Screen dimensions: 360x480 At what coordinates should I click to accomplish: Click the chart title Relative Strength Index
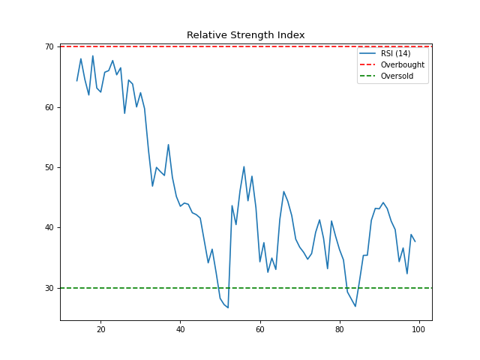click(x=245, y=35)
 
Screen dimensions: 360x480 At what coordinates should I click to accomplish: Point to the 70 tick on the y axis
click(x=49, y=46)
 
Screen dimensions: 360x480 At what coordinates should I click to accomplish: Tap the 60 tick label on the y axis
click(x=49, y=107)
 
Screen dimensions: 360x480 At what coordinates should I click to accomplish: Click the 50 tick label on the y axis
click(x=49, y=167)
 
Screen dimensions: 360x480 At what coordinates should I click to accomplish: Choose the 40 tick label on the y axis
click(x=49, y=228)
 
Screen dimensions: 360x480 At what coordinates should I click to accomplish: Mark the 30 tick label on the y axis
click(x=49, y=288)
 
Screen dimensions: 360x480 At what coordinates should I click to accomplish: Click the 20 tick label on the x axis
click(x=101, y=329)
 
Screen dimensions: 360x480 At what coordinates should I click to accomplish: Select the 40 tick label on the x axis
click(x=181, y=329)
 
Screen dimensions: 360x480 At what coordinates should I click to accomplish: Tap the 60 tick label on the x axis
click(x=260, y=329)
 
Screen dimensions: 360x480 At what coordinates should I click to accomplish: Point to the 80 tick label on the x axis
click(x=340, y=329)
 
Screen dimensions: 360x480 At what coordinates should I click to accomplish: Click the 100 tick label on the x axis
click(x=418, y=329)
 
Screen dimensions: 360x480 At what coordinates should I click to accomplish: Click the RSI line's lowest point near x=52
click(x=228, y=307)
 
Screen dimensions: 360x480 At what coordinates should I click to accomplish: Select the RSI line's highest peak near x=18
click(x=93, y=55)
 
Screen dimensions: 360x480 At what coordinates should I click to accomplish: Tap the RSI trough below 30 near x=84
click(x=355, y=306)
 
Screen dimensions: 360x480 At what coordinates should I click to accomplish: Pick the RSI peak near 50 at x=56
click(x=244, y=166)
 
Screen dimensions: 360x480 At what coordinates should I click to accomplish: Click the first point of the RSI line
click(x=77, y=80)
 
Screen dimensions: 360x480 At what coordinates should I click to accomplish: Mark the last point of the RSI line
click(x=415, y=241)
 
